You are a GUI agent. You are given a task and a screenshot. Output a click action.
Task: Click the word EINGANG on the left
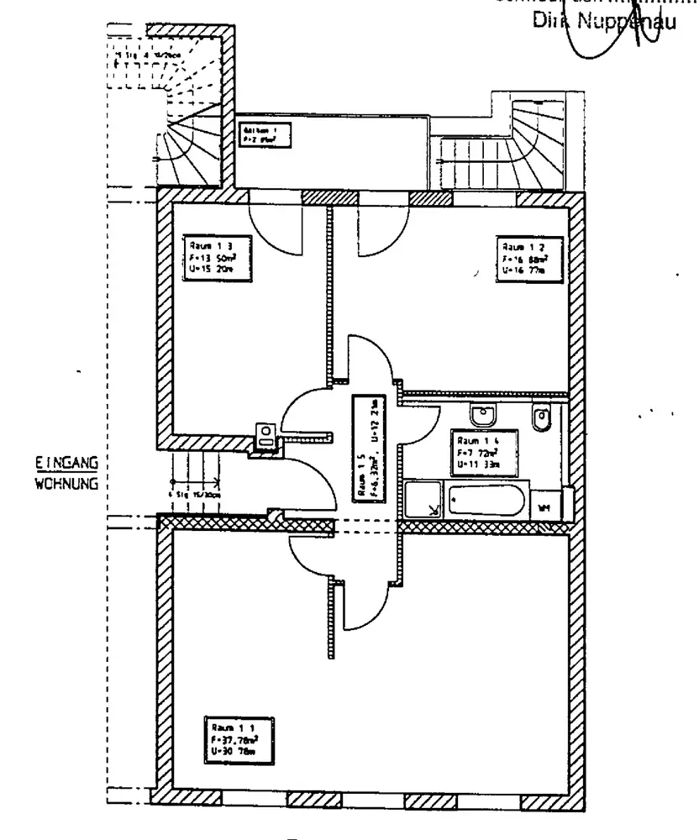[x=68, y=464]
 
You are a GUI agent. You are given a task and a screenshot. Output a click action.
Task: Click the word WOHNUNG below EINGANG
[x=68, y=484]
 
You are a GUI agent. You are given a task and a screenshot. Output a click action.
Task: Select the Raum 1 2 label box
[x=526, y=259]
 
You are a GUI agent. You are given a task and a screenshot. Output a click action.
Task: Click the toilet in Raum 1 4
[x=541, y=417]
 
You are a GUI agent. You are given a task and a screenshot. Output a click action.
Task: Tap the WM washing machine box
[x=544, y=507]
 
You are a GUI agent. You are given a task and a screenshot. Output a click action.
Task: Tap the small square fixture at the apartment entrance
[x=266, y=437]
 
